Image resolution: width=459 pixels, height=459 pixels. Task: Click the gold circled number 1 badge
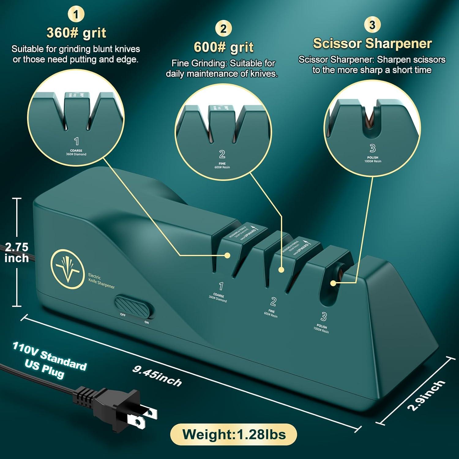[76, 14]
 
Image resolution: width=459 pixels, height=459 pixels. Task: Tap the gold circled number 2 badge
[223, 29]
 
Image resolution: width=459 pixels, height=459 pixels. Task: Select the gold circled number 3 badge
[372, 25]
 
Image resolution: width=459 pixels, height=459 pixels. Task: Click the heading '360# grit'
[76, 33]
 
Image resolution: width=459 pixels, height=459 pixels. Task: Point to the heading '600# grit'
[224, 47]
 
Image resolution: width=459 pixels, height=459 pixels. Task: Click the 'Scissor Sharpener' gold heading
[372, 43]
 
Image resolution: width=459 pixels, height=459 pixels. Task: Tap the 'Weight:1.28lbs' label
[234, 435]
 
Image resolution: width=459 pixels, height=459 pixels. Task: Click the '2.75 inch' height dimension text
[17, 252]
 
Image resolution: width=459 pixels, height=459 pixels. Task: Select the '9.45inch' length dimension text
[157, 376]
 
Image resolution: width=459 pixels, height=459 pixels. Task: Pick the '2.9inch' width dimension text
[426, 395]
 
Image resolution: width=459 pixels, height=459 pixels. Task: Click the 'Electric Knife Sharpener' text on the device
[101, 281]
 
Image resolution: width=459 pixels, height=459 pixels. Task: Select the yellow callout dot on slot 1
[227, 255]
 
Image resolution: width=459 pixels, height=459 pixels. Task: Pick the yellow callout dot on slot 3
[333, 283]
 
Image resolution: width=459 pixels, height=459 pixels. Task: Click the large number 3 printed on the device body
[323, 316]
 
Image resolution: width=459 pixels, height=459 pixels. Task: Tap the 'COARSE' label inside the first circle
[76, 151]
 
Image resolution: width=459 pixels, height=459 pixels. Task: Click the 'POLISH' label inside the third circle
[373, 158]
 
